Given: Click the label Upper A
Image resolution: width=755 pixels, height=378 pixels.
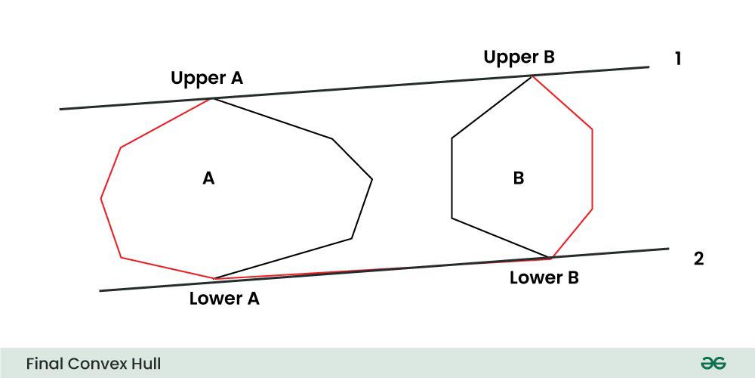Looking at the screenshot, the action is tap(207, 79).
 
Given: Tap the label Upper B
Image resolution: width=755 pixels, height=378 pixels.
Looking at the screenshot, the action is tap(519, 57).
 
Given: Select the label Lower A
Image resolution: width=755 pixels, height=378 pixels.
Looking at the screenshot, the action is tap(224, 299).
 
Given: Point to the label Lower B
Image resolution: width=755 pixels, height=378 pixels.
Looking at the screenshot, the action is tap(544, 277).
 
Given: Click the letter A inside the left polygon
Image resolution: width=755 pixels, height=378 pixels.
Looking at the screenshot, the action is tap(208, 179).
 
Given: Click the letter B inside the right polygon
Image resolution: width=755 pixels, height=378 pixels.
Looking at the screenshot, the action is tap(519, 179).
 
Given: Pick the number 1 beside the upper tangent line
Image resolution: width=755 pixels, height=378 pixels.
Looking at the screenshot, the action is tap(677, 59).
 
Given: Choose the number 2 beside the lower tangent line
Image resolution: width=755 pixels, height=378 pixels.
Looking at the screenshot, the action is tap(698, 259).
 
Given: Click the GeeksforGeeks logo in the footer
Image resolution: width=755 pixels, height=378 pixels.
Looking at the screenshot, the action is tap(713, 363).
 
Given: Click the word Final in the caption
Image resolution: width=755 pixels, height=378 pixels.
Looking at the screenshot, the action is tap(45, 364).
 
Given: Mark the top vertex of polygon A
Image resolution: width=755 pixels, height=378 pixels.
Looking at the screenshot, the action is tap(212, 98).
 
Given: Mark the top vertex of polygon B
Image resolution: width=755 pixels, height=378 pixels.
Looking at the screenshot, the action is tap(532, 76).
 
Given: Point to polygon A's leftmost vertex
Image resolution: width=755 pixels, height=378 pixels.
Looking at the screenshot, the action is tap(101, 198).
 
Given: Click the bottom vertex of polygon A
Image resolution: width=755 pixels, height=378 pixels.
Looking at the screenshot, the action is tap(214, 278).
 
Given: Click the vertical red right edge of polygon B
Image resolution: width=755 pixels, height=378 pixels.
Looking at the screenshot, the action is tap(592, 169).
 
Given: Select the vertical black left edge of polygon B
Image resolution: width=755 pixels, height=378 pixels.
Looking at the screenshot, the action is tap(452, 178).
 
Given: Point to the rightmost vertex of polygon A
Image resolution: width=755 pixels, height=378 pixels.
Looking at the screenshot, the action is tap(372, 180).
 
